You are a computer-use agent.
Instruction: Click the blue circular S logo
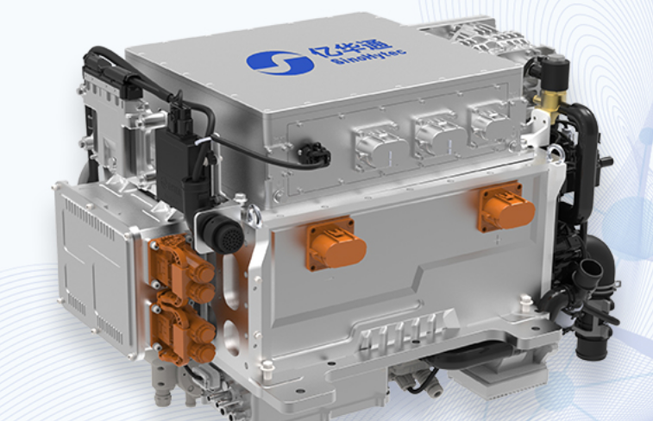tap(279, 63)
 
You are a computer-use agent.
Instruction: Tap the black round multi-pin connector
tap(223, 234)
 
